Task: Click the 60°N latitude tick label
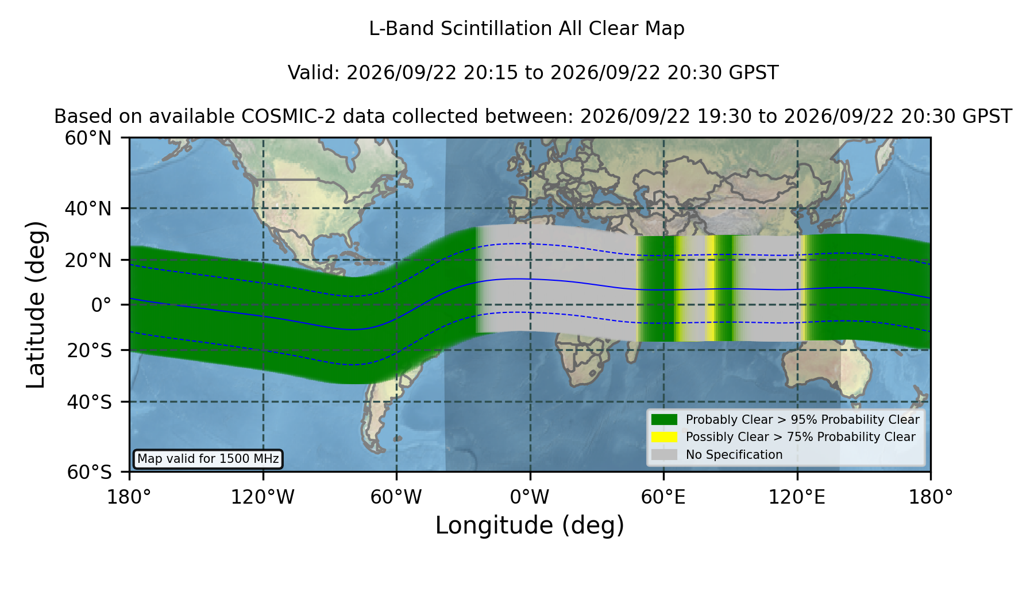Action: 88,138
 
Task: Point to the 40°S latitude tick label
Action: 89,402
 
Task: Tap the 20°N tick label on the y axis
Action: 88,260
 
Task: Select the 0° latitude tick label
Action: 101,305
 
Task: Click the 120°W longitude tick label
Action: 263,497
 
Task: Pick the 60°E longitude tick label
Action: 663,497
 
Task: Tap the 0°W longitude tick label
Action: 530,497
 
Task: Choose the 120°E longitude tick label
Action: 797,497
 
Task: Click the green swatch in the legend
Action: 665,420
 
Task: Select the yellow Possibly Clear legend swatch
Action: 665,437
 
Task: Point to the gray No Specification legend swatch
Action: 665,455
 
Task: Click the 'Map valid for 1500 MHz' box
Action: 208,459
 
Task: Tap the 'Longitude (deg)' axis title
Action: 530,525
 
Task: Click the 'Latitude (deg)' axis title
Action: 36,304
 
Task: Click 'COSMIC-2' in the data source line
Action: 274,117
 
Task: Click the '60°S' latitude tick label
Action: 89,472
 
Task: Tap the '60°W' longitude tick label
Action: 396,497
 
